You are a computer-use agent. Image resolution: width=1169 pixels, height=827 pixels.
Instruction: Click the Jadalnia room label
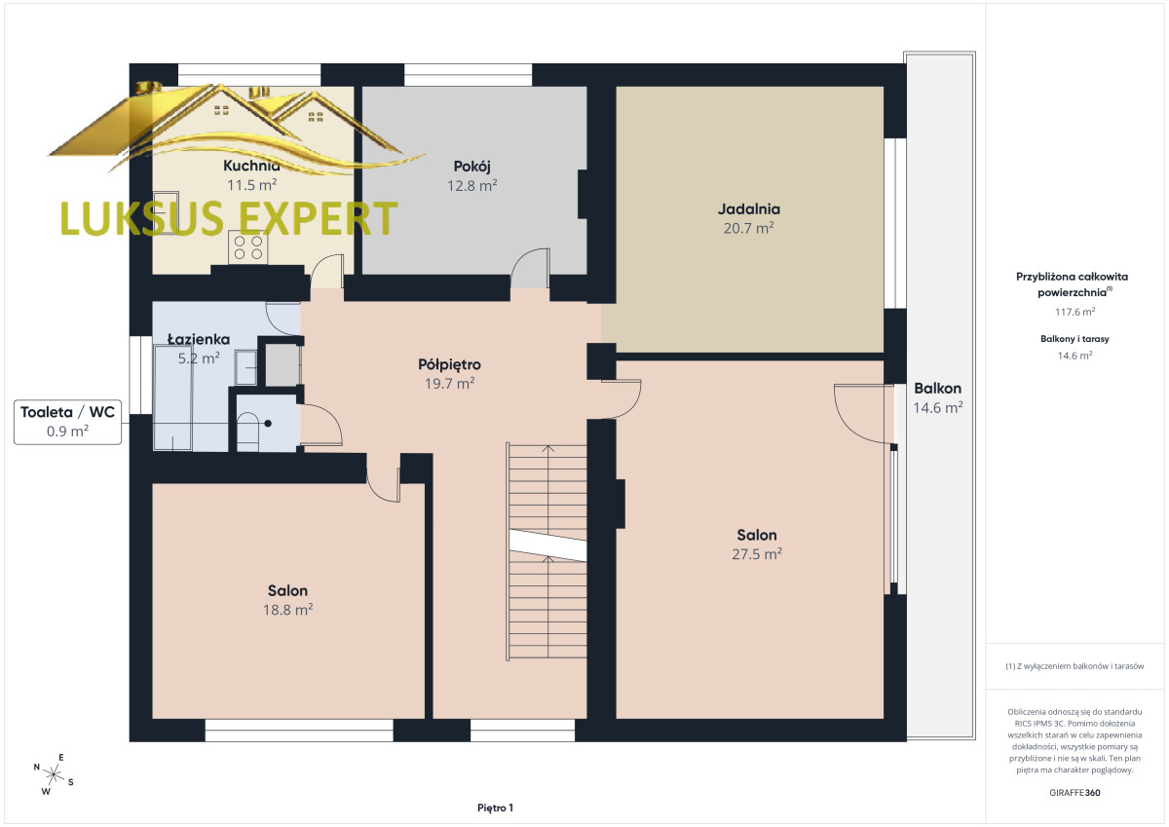[x=748, y=209]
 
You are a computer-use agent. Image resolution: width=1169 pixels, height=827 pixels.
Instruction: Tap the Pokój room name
[x=471, y=167]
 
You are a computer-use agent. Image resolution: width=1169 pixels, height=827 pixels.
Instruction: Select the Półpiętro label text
[x=449, y=364]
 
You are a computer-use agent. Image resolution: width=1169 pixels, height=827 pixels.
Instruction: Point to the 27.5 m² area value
[x=757, y=553]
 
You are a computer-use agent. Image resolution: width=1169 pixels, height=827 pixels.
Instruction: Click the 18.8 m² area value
[x=287, y=610]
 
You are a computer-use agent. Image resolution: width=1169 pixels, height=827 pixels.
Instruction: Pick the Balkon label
[x=937, y=389]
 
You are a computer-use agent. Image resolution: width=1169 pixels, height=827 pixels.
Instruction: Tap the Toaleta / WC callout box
[x=68, y=422]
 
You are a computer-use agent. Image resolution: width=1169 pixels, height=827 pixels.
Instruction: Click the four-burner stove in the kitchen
[x=247, y=247]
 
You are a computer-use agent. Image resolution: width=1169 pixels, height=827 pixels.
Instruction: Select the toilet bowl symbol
[x=247, y=432]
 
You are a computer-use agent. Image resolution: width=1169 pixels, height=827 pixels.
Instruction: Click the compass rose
[x=54, y=774]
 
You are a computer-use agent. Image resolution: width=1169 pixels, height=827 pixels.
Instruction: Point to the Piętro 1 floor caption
[x=495, y=808]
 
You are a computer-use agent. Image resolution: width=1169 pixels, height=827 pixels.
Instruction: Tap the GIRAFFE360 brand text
[x=1075, y=793]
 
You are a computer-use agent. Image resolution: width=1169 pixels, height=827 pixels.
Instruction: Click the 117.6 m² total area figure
[x=1075, y=312]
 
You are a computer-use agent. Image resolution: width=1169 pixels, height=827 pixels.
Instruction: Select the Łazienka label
[x=199, y=339]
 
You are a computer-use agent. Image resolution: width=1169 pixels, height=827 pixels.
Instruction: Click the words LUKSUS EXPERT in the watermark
[x=229, y=218]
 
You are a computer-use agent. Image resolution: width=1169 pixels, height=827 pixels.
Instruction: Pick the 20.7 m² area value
[x=748, y=228]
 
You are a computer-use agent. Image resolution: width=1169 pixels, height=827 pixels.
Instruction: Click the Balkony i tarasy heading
[x=1075, y=339]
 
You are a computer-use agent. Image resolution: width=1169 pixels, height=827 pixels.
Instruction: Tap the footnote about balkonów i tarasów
[x=1075, y=666]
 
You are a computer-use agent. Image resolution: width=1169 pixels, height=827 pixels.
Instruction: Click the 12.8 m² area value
[x=471, y=186]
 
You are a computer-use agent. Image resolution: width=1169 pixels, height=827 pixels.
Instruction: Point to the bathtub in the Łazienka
[x=172, y=397]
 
